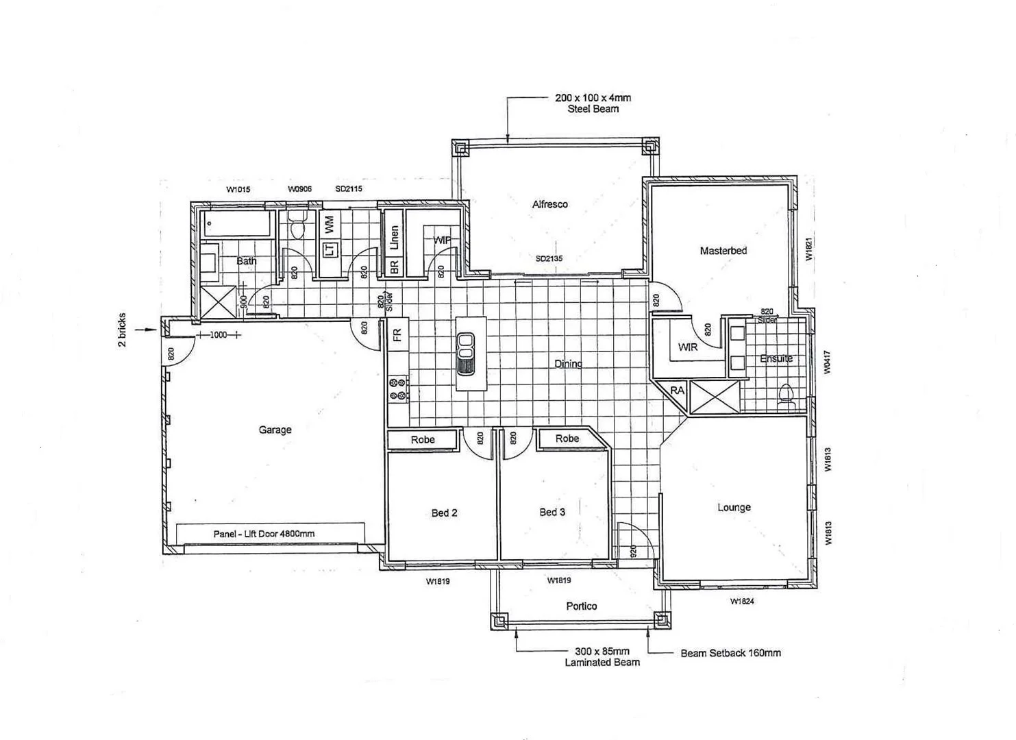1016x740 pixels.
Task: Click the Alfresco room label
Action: [x=549, y=204]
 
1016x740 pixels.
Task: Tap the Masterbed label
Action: [x=723, y=251]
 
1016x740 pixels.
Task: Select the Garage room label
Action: [x=275, y=430]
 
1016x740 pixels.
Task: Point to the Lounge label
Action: [x=734, y=508]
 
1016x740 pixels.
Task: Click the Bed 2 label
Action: [x=444, y=513]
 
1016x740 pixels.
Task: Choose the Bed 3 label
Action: [x=552, y=512]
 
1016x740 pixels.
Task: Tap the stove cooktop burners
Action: [x=398, y=389]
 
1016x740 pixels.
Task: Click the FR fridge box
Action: [x=397, y=335]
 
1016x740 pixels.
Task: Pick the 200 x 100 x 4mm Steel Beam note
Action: [x=593, y=103]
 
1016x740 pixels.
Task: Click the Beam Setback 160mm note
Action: [x=730, y=653]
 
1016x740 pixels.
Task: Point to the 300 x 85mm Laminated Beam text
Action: [x=602, y=657]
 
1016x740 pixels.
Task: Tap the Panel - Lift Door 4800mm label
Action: [x=264, y=534]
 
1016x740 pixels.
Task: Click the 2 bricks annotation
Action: [x=123, y=330]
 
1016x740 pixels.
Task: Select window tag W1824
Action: [x=742, y=602]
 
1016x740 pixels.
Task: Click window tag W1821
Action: [x=808, y=249]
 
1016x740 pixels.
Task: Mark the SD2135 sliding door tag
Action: [x=549, y=258]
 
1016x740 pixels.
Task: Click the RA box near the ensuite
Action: [x=677, y=391]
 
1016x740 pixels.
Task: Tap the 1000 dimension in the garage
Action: [x=218, y=335]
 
